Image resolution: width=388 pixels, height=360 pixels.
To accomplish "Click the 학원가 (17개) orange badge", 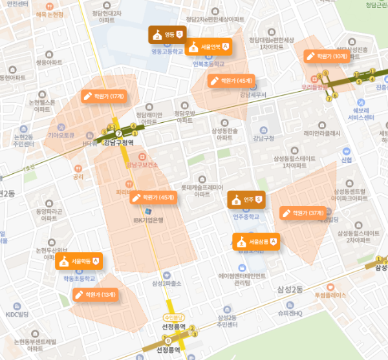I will coord(103,96).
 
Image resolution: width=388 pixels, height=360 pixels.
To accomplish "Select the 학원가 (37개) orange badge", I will coord(303,212).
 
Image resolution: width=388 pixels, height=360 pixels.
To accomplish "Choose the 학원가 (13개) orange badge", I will coord(95,295).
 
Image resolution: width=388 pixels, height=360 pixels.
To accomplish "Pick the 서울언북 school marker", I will coord(208,47).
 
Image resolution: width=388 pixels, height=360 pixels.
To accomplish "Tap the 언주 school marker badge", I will coord(246,199).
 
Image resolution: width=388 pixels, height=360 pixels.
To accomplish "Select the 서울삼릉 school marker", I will coord(255,242).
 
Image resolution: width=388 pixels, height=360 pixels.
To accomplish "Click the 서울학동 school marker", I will coord(79,261).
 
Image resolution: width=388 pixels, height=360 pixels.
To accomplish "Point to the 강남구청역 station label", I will coord(119,143).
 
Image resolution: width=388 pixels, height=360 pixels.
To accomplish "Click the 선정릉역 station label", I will coord(172,327).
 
